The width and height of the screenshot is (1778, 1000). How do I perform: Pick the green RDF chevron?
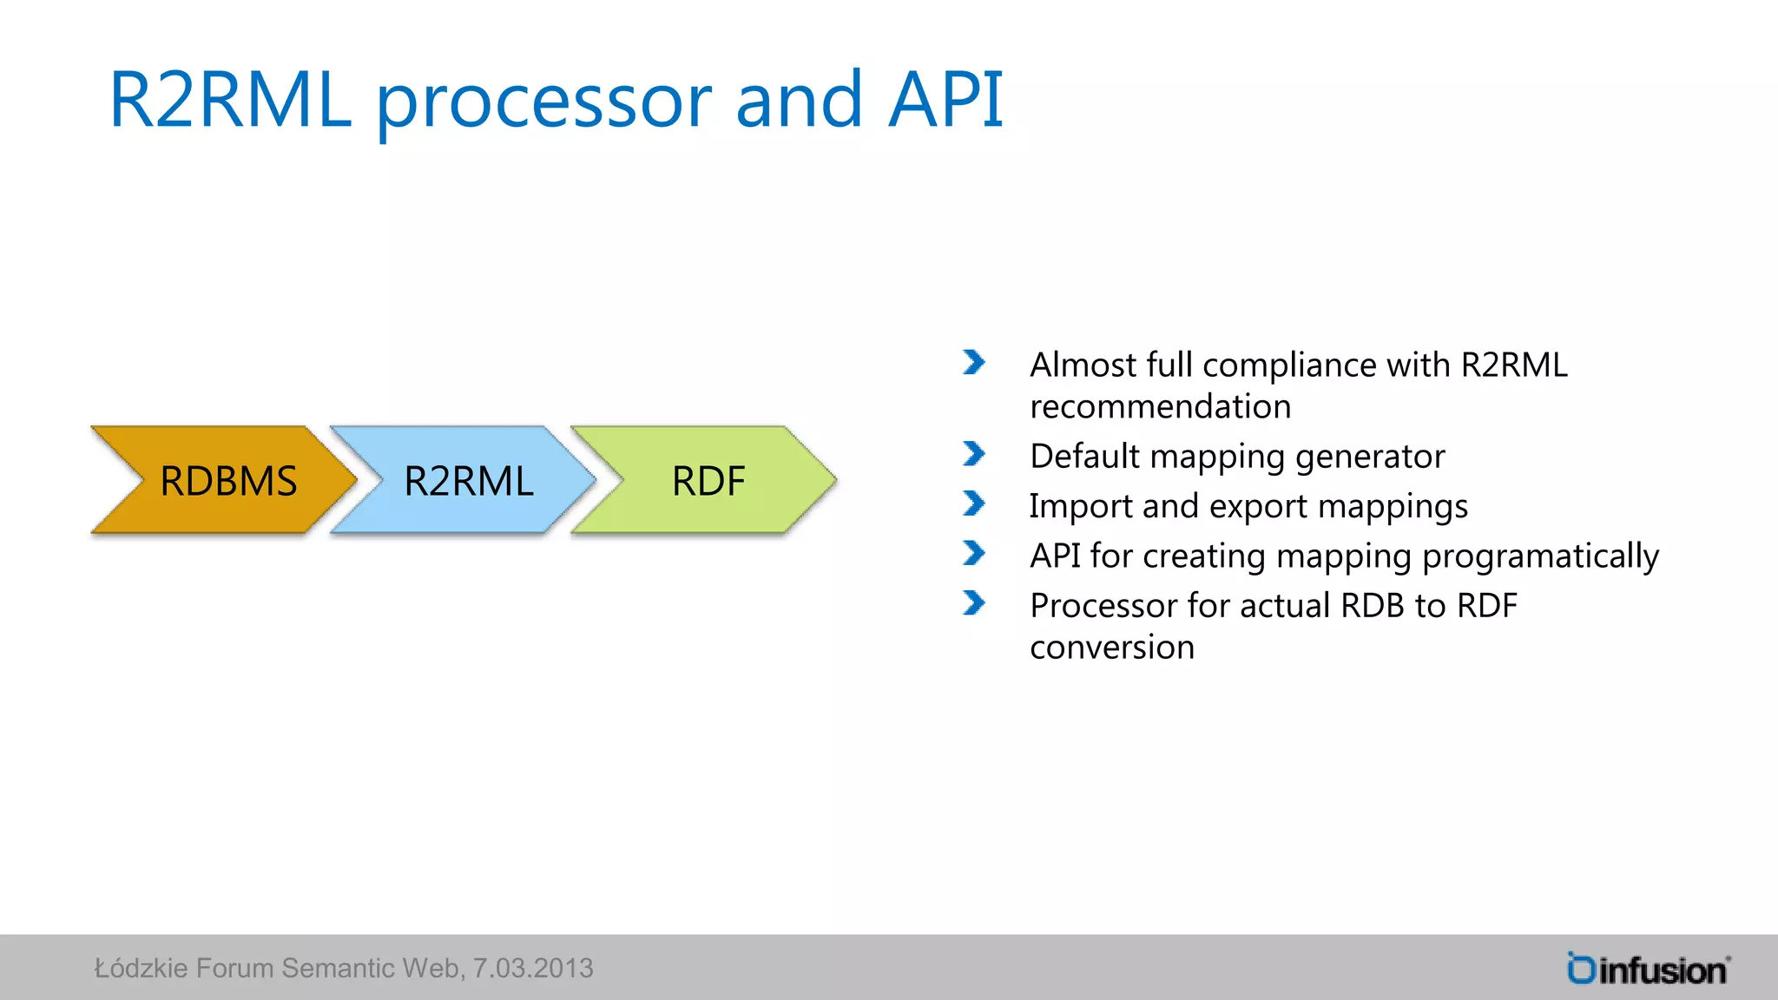click(x=708, y=480)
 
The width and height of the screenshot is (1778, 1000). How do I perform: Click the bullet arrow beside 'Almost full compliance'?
click(x=974, y=363)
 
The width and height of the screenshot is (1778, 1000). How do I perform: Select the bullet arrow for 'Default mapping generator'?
click(x=974, y=454)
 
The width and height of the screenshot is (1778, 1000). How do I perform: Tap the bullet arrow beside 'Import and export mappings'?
click(x=974, y=503)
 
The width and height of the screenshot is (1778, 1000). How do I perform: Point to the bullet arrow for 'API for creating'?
click(x=974, y=553)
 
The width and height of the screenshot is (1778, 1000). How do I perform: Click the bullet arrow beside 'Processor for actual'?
click(x=974, y=602)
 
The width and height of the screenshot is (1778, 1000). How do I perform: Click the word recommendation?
click(x=1160, y=406)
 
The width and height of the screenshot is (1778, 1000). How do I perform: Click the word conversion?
click(x=1111, y=648)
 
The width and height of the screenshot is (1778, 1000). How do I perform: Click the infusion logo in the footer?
click(x=1648, y=969)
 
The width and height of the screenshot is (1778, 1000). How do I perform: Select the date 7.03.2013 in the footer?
click(x=532, y=968)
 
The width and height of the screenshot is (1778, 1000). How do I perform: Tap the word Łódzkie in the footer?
click(x=141, y=968)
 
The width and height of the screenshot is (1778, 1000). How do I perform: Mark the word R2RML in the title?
click(x=230, y=100)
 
